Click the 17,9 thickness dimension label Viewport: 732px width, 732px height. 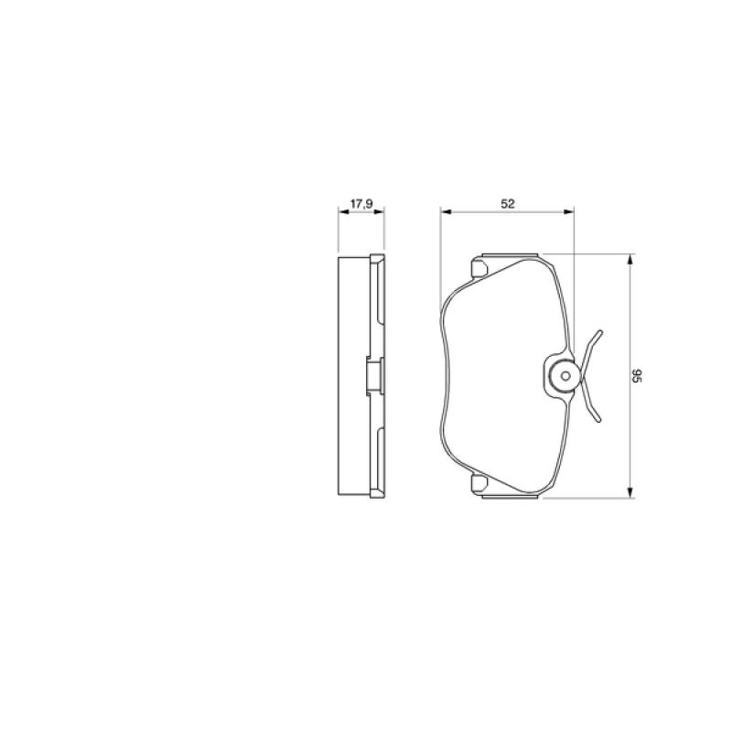(x=361, y=204)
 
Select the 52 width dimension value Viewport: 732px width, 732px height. (x=508, y=204)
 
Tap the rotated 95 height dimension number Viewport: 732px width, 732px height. (x=637, y=376)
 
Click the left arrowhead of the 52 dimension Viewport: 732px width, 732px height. (x=446, y=212)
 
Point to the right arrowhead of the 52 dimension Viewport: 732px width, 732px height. (x=568, y=212)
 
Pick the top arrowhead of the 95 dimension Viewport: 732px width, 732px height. (x=630, y=260)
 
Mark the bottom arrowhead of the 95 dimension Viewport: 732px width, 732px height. (x=630, y=492)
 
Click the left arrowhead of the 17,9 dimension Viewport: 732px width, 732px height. (x=344, y=212)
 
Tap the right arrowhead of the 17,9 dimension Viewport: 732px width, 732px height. (x=379, y=212)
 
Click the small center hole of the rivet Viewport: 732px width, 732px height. (x=565, y=376)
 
